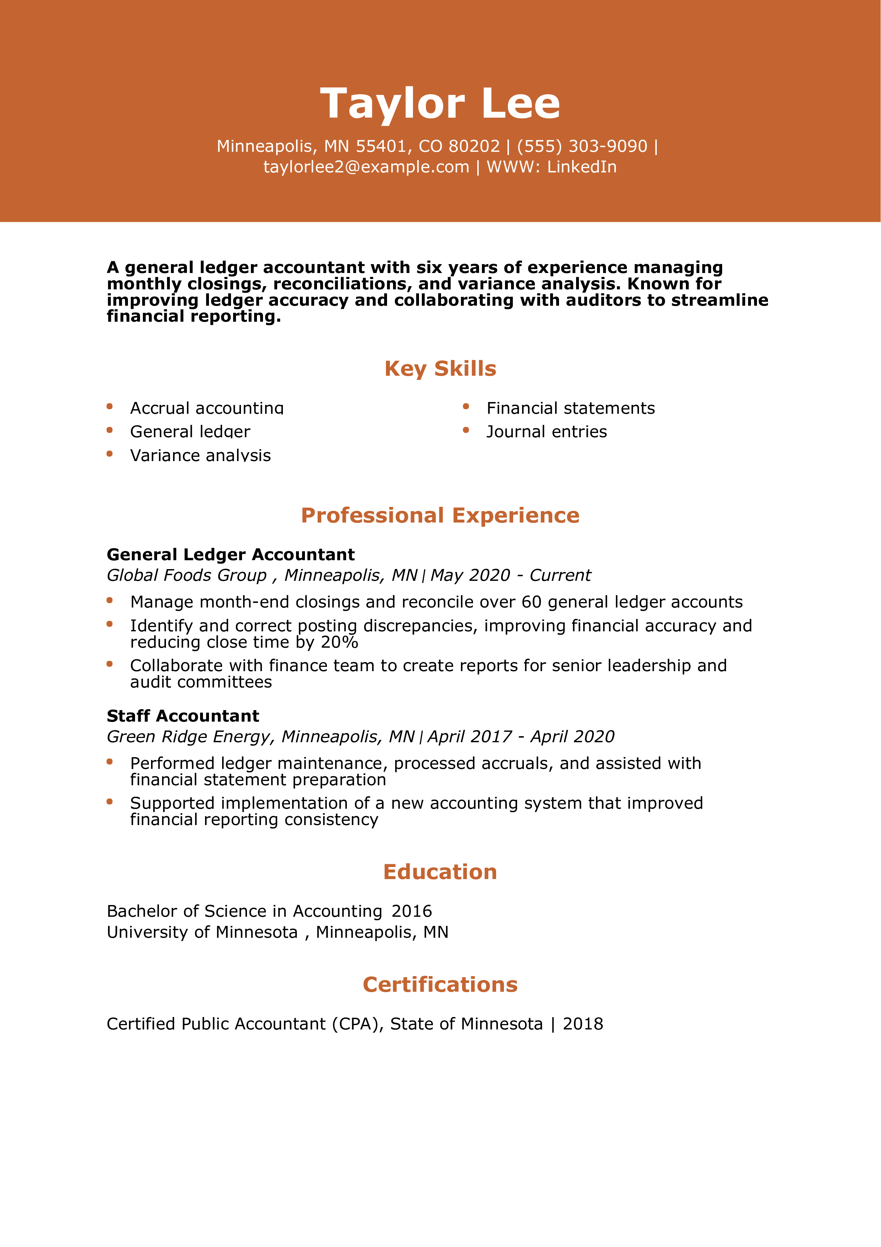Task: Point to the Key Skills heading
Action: click(440, 368)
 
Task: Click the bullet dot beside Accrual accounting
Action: click(110, 406)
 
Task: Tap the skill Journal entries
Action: click(547, 432)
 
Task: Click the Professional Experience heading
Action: click(440, 515)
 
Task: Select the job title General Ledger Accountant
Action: click(231, 555)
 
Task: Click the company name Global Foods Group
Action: click(187, 575)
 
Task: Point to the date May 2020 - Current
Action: click(510, 575)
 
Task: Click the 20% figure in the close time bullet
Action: click(339, 642)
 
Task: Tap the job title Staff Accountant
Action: click(183, 716)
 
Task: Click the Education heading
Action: click(440, 872)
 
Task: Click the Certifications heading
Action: click(440, 985)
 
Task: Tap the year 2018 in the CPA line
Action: click(583, 1024)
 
